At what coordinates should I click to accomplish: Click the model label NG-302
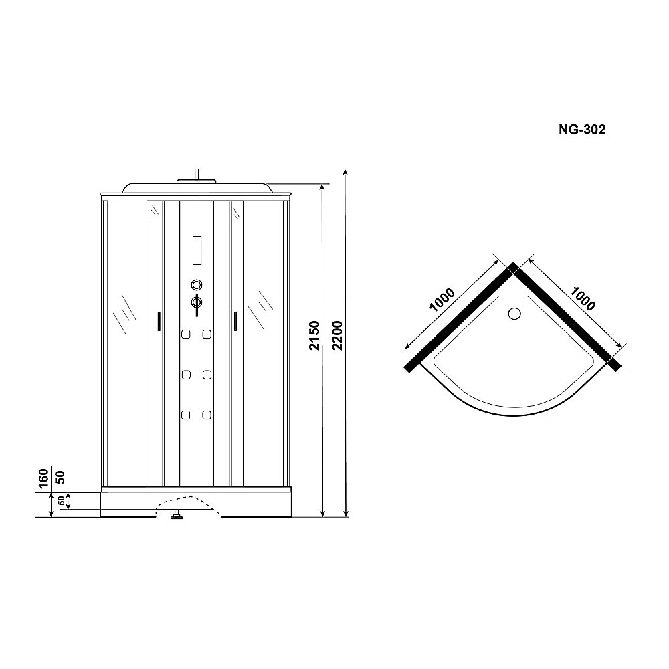pos(582,131)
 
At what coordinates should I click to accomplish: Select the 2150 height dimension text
pos(314,337)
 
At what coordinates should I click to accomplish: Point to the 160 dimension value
pos(42,480)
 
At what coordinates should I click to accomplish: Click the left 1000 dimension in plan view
pos(442,302)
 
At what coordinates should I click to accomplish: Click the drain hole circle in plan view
pos(514,313)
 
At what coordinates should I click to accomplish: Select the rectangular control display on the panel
pos(197,250)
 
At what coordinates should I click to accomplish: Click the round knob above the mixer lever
pos(197,284)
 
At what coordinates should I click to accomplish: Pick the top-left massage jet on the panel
pos(186,334)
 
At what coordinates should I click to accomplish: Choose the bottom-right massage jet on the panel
pos(207,415)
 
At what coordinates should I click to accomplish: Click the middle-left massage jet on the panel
pos(186,375)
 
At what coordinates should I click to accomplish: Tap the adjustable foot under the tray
pos(177,516)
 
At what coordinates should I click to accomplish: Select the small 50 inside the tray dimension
pos(61,501)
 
